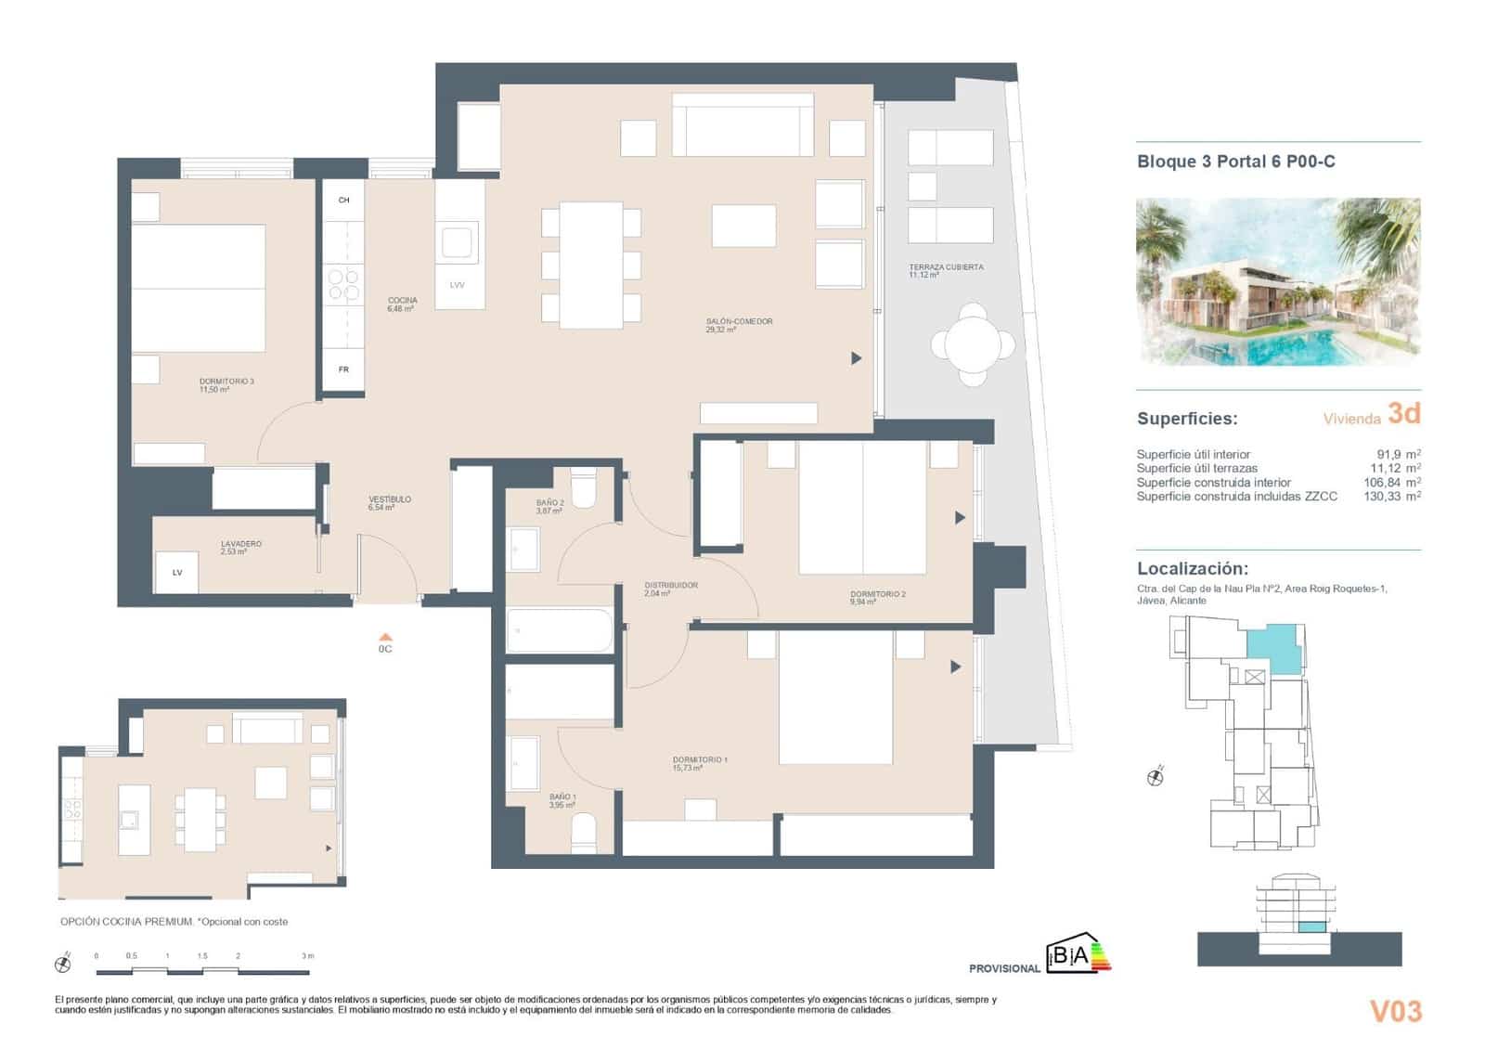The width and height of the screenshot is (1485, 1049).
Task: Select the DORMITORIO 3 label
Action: point(226,384)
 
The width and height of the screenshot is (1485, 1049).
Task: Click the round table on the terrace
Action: point(973,345)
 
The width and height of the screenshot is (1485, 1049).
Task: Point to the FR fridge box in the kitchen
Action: point(343,369)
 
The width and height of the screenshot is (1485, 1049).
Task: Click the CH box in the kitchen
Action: point(343,201)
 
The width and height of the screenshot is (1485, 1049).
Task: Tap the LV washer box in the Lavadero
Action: point(176,573)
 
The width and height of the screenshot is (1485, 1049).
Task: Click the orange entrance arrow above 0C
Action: point(385,637)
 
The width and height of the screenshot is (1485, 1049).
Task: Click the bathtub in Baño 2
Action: point(560,630)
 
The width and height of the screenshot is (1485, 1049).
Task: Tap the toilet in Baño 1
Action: point(584,832)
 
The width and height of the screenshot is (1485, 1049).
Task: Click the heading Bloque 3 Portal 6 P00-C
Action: point(1235,162)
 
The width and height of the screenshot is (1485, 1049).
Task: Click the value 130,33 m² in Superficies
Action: point(1391,497)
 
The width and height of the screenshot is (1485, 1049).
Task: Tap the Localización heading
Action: point(1192,569)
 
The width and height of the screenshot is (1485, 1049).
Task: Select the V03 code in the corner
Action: point(1395,1011)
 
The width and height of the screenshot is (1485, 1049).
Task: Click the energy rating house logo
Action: point(1077,956)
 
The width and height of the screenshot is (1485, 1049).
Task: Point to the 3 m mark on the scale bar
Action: point(307,956)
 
